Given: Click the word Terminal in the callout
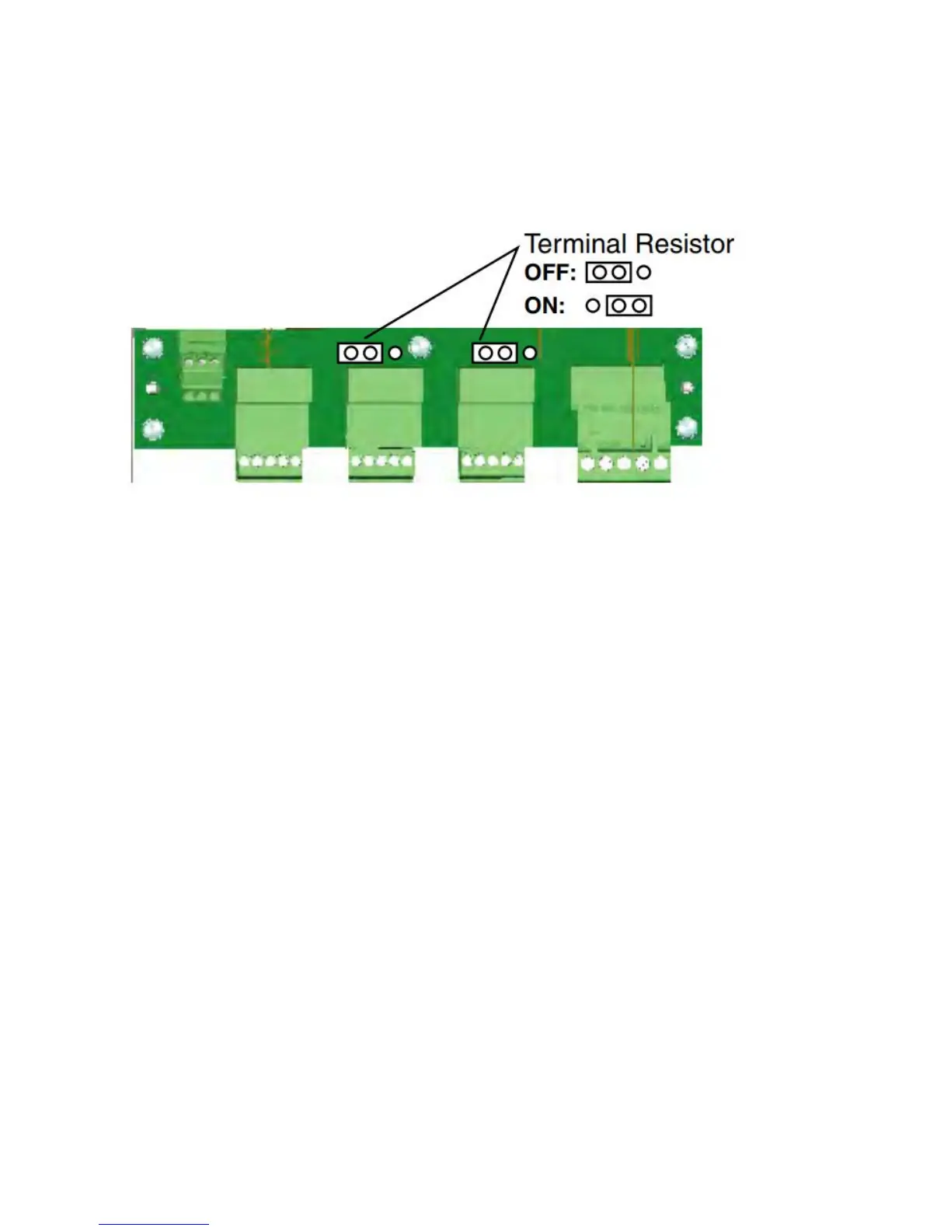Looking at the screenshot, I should coord(576,244).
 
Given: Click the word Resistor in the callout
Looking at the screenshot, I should coord(684,244).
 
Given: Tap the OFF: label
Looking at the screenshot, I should coord(550,274).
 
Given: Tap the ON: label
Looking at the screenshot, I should coord(545,306).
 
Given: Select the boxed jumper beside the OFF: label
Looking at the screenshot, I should coord(608,273).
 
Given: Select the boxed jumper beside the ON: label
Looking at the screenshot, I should coord(629,305).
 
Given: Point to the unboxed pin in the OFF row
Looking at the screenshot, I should coord(643,273).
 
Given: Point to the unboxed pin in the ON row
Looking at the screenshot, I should coord(592,305).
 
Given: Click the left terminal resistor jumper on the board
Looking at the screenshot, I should coord(361,353).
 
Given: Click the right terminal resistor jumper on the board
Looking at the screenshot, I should coord(495,353).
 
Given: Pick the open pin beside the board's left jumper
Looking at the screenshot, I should coord(395,353).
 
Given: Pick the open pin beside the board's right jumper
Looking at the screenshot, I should coord(530,353).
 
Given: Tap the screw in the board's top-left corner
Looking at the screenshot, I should coord(153,349).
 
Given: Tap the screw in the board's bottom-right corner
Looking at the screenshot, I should coord(686,427).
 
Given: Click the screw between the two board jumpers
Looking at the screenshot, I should coord(420,347).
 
